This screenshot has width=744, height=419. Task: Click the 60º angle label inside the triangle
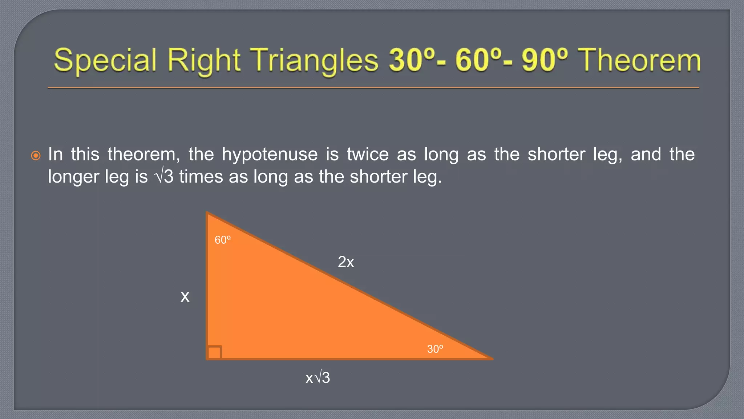[222, 240]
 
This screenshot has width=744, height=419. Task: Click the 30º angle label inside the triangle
[435, 349]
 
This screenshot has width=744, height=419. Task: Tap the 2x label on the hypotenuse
[345, 262]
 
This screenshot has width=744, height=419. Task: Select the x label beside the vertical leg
[185, 297]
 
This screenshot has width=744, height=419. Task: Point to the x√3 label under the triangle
[318, 378]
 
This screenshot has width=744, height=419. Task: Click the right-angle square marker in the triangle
[214, 352]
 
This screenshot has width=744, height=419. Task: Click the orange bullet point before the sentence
[36, 156]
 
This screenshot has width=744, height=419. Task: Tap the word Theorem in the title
[639, 60]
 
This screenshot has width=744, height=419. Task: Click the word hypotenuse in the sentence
[270, 155]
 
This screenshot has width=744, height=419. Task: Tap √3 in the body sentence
[164, 177]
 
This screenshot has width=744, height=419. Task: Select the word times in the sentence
[201, 177]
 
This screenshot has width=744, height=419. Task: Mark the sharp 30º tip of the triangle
[490, 358]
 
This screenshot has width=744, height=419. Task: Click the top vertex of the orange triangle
[207, 213]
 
